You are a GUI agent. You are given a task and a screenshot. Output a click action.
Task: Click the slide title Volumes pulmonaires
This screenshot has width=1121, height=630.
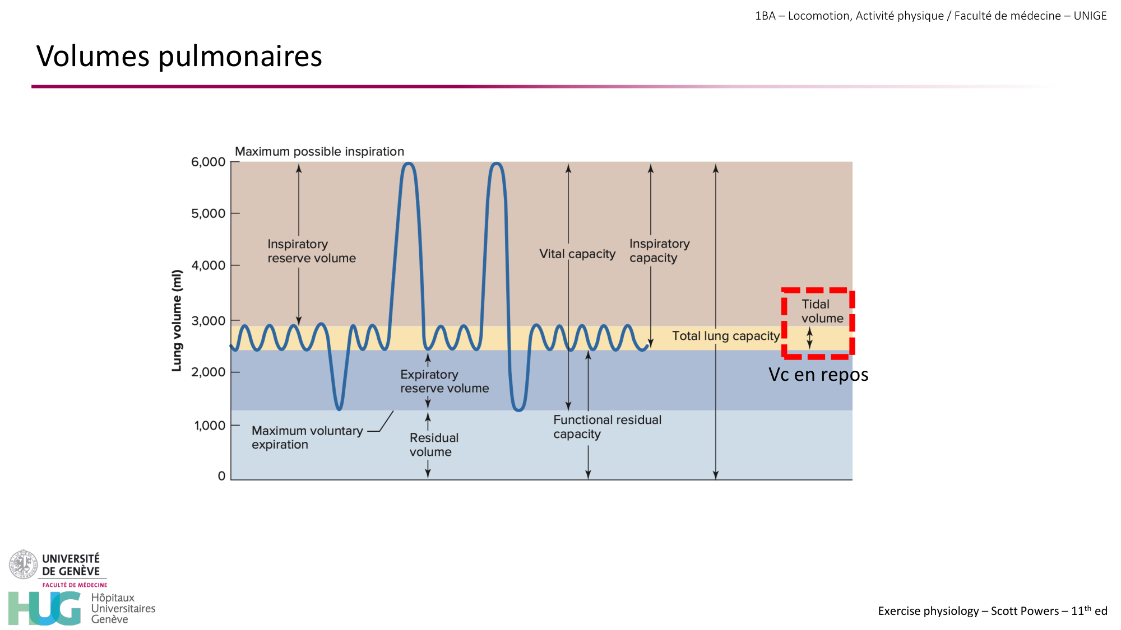(x=179, y=56)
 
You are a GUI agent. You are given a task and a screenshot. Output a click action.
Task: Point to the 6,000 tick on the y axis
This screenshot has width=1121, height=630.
(x=209, y=162)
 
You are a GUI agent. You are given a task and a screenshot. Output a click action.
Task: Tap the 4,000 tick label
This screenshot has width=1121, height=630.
(x=209, y=265)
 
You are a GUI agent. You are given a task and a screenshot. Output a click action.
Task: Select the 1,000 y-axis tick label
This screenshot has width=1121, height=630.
(x=210, y=426)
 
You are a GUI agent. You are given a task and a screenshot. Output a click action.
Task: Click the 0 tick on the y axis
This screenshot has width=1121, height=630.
(x=221, y=476)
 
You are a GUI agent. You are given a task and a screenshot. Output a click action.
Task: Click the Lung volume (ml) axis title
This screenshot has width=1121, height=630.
(x=177, y=320)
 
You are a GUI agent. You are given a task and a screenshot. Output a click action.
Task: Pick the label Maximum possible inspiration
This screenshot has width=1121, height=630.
(x=319, y=151)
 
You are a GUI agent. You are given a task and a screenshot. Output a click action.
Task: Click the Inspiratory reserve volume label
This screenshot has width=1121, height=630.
(x=311, y=251)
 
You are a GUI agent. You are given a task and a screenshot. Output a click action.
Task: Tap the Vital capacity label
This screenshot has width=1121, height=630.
(x=577, y=254)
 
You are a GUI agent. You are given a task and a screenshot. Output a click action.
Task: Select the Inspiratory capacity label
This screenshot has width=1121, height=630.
(x=659, y=251)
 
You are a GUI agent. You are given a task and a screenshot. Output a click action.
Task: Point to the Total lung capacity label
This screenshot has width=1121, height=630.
(x=725, y=335)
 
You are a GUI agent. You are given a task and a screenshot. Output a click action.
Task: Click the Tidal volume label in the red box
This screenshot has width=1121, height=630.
(x=821, y=311)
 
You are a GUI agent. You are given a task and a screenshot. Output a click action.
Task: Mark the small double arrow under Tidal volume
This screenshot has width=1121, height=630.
(x=809, y=338)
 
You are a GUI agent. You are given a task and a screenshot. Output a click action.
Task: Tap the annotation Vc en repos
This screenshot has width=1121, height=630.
(x=818, y=374)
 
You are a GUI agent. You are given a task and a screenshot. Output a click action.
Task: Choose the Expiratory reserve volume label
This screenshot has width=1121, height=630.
(x=444, y=381)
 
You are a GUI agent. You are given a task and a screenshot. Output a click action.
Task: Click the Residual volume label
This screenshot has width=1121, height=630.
(x=433, y=445)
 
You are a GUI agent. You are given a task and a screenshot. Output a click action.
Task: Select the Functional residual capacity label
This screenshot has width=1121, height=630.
(x=606, y=427)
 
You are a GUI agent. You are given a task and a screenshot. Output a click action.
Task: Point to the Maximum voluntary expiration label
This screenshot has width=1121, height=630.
(x=307, y=437)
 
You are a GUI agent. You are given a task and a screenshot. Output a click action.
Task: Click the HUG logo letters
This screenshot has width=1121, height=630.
(x=45, y=608)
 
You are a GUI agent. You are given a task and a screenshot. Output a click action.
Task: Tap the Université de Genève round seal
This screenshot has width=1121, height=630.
(x=23, y=564)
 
